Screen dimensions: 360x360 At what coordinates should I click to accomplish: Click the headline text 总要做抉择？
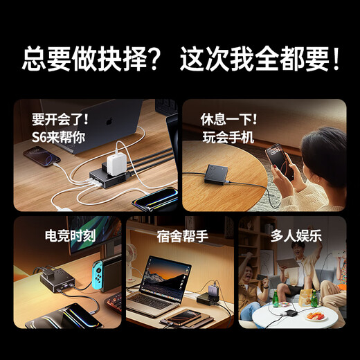[91, 60]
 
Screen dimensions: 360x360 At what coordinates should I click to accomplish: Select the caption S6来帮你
[58, 136]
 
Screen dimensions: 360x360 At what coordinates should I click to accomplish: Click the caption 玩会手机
[226, 136]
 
